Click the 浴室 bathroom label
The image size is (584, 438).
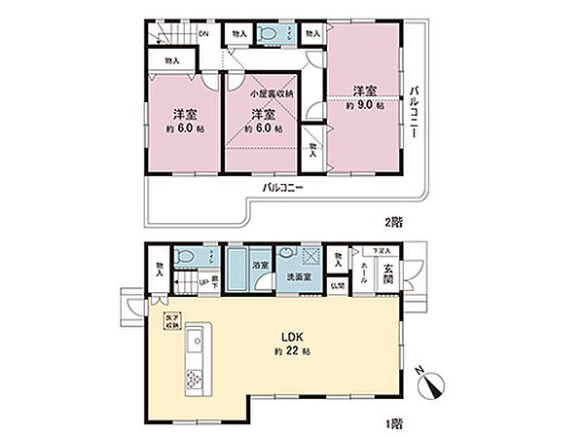point(260,263)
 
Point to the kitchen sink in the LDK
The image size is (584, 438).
point(194,342)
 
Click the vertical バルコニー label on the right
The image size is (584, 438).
point(413,110)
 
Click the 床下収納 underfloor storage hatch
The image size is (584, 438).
point(169,321)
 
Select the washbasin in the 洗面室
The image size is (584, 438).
point(289,256)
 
